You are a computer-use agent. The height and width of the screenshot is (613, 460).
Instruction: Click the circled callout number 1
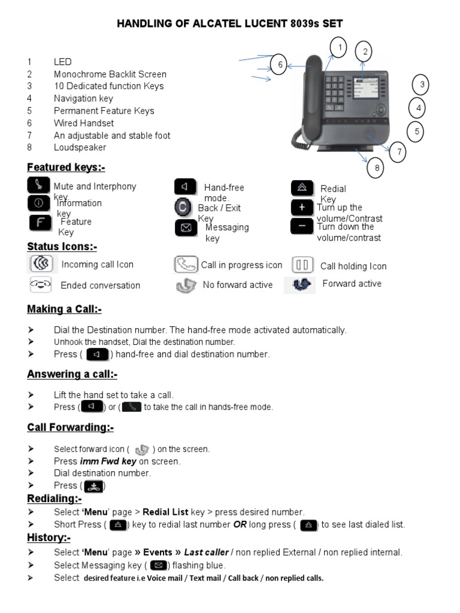[339, 47]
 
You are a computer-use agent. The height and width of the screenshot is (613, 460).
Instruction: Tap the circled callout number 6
[279, 65]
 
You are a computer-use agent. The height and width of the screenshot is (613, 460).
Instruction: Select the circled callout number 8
[377, 168]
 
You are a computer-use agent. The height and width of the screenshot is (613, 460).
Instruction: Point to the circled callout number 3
[422, 85]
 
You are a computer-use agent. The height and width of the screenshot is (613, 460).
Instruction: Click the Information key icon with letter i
[39, 203]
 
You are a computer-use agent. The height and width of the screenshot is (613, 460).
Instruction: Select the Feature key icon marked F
[40, 223]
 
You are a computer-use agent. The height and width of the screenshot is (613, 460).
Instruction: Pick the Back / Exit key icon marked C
[183, 207]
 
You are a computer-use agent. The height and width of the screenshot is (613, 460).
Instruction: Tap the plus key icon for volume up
[302, 207]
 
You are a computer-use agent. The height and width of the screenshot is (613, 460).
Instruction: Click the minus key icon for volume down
[302, 227]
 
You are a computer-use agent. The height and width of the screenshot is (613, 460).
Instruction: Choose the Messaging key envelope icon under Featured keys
[186, 228]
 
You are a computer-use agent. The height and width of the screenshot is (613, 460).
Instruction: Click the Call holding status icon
[302, 265]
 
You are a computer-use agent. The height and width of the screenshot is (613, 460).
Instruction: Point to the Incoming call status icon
[41, 264]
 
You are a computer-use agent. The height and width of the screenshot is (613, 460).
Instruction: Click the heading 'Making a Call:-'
[64, 309]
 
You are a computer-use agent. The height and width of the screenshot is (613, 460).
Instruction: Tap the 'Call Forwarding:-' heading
[70, 427]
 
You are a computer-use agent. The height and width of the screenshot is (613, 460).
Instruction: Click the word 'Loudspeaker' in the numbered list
[80, 147]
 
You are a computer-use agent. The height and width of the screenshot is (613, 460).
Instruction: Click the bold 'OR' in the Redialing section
[240, 524]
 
